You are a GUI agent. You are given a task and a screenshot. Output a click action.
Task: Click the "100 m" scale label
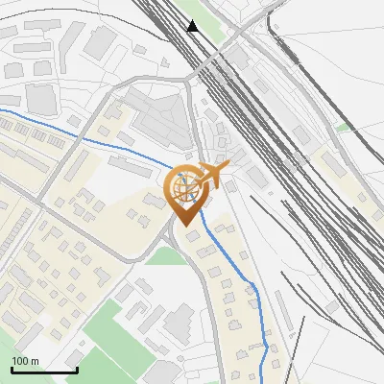pos(25,361)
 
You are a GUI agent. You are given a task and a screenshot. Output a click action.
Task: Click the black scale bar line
pos(43,371)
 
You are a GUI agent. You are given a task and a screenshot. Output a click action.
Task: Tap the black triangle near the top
pos(193,26)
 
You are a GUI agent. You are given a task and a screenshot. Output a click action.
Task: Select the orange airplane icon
pos(217,175)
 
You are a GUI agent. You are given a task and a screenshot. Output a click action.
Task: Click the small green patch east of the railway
pos(343,127)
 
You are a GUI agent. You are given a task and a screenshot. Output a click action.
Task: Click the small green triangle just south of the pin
pos(169,255)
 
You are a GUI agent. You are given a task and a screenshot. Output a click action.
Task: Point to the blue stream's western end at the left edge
pos(3,112)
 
